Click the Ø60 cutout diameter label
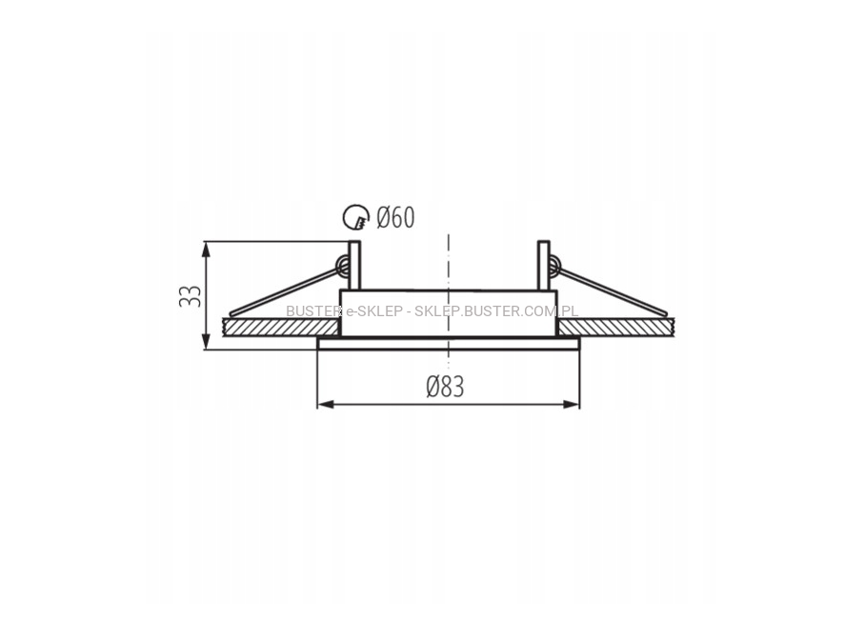tap(395, 217)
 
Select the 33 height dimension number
tap(191, 296)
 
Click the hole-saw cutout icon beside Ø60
tap(355, 217)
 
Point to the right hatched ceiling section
tap(616, 327)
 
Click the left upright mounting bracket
tap(354, 266)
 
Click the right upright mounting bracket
tap(543, 266)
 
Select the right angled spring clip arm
tap(613, 291)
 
